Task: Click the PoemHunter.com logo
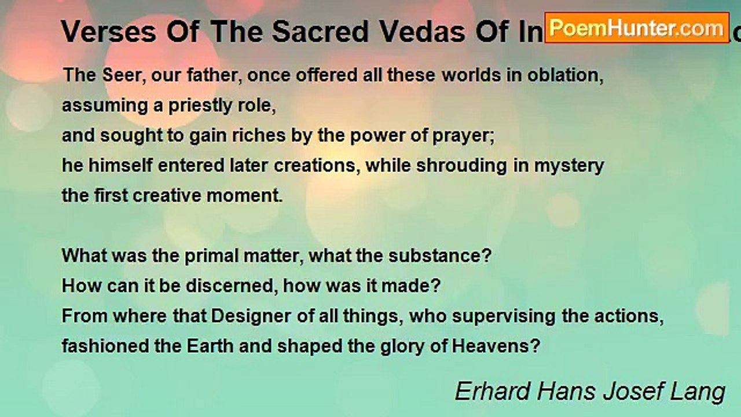tap(636, 27)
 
